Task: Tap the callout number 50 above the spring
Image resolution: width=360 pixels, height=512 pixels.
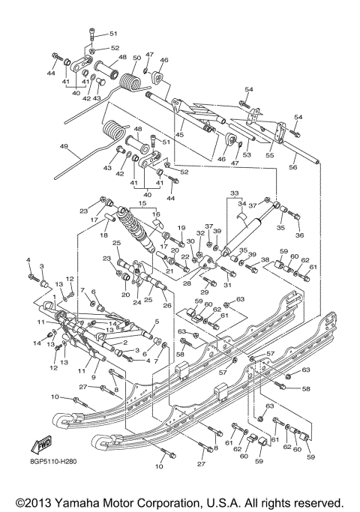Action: (x=136, y=58)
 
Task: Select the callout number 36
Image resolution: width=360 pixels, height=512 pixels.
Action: (x=300, y=235)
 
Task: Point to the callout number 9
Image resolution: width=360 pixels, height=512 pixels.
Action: (x=94, y=367)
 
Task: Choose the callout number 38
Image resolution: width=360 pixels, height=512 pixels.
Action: (x=265, y=260)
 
